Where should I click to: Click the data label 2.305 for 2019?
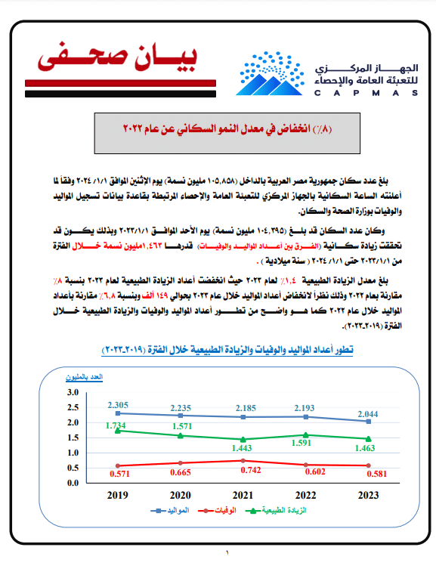click(117, 405)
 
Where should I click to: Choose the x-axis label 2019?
click(117, 496)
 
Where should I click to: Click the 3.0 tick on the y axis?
click(73, 392)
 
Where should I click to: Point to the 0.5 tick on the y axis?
click(73, 467)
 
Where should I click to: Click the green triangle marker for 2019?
click(117, 430)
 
